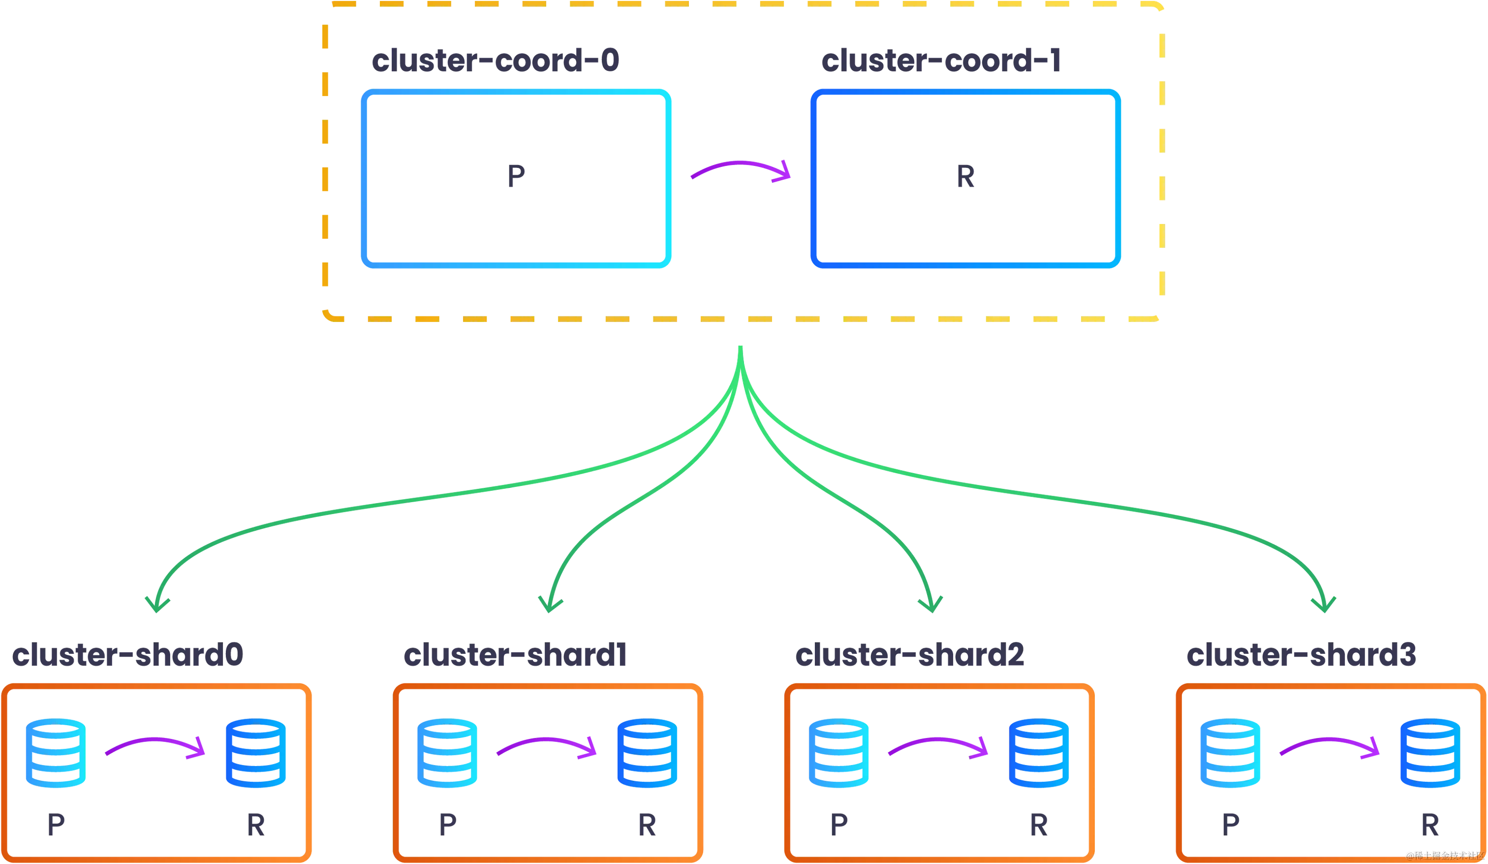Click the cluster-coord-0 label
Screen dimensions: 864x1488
[x=495, y=63]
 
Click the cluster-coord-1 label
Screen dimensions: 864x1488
[x=941, y=63]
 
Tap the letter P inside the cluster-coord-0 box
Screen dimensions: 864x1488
[x=517, y=176]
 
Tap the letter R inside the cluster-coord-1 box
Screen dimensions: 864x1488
[x=965, y=176]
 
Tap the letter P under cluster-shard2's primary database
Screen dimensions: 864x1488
[x=839, y=826]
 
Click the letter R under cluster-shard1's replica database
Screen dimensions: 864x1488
[x=647, y=826]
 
